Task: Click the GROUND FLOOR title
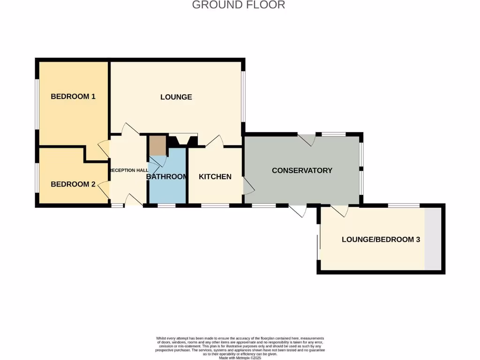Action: [x=239, y=5]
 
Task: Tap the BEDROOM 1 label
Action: [x=73, y=97]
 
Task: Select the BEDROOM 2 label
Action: [x=73, y=184]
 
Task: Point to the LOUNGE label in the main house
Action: [x=176, y=97]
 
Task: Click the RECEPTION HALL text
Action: [x=128, y=170]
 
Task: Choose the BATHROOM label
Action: [x=167, y=177]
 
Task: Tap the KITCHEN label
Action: [x=215, y=177]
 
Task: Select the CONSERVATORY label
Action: [x=302, y=170]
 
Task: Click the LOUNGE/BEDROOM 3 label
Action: [x=381, y=240]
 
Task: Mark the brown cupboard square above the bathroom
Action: [x=157, y=146]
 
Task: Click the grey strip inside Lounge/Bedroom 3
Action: [x=433, y=239]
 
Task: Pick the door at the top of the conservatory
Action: [x=308, y=139]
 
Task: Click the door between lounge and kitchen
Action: [x=216, y=142]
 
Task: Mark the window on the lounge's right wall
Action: [x=243, y=96]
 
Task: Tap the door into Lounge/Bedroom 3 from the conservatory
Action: [x=339, y=210]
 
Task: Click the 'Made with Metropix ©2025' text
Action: [x=240, y=358]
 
